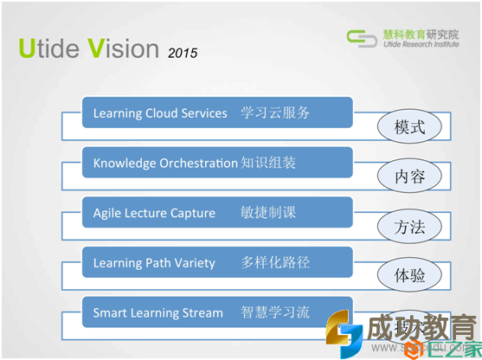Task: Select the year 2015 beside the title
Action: tap(183, 53)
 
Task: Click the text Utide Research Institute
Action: tap(420, 45)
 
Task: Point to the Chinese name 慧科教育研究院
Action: tap(420, 33)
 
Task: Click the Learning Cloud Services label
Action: tap(160, 113)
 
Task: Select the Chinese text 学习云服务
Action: tap(275, 113)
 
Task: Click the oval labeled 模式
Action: tap(409, 127)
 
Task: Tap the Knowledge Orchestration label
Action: tap(165, 163)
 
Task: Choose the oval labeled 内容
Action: tap(409, 177)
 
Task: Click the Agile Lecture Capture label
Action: tap(154, 213)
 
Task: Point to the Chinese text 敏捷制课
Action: tap(268, 213)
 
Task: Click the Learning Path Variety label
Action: tap(154, 262)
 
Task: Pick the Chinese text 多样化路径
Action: tap(275, 262)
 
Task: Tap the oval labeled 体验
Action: tap(409, 276)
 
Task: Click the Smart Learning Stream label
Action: tap(158, 312)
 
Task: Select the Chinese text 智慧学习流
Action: tap(275, 312)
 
